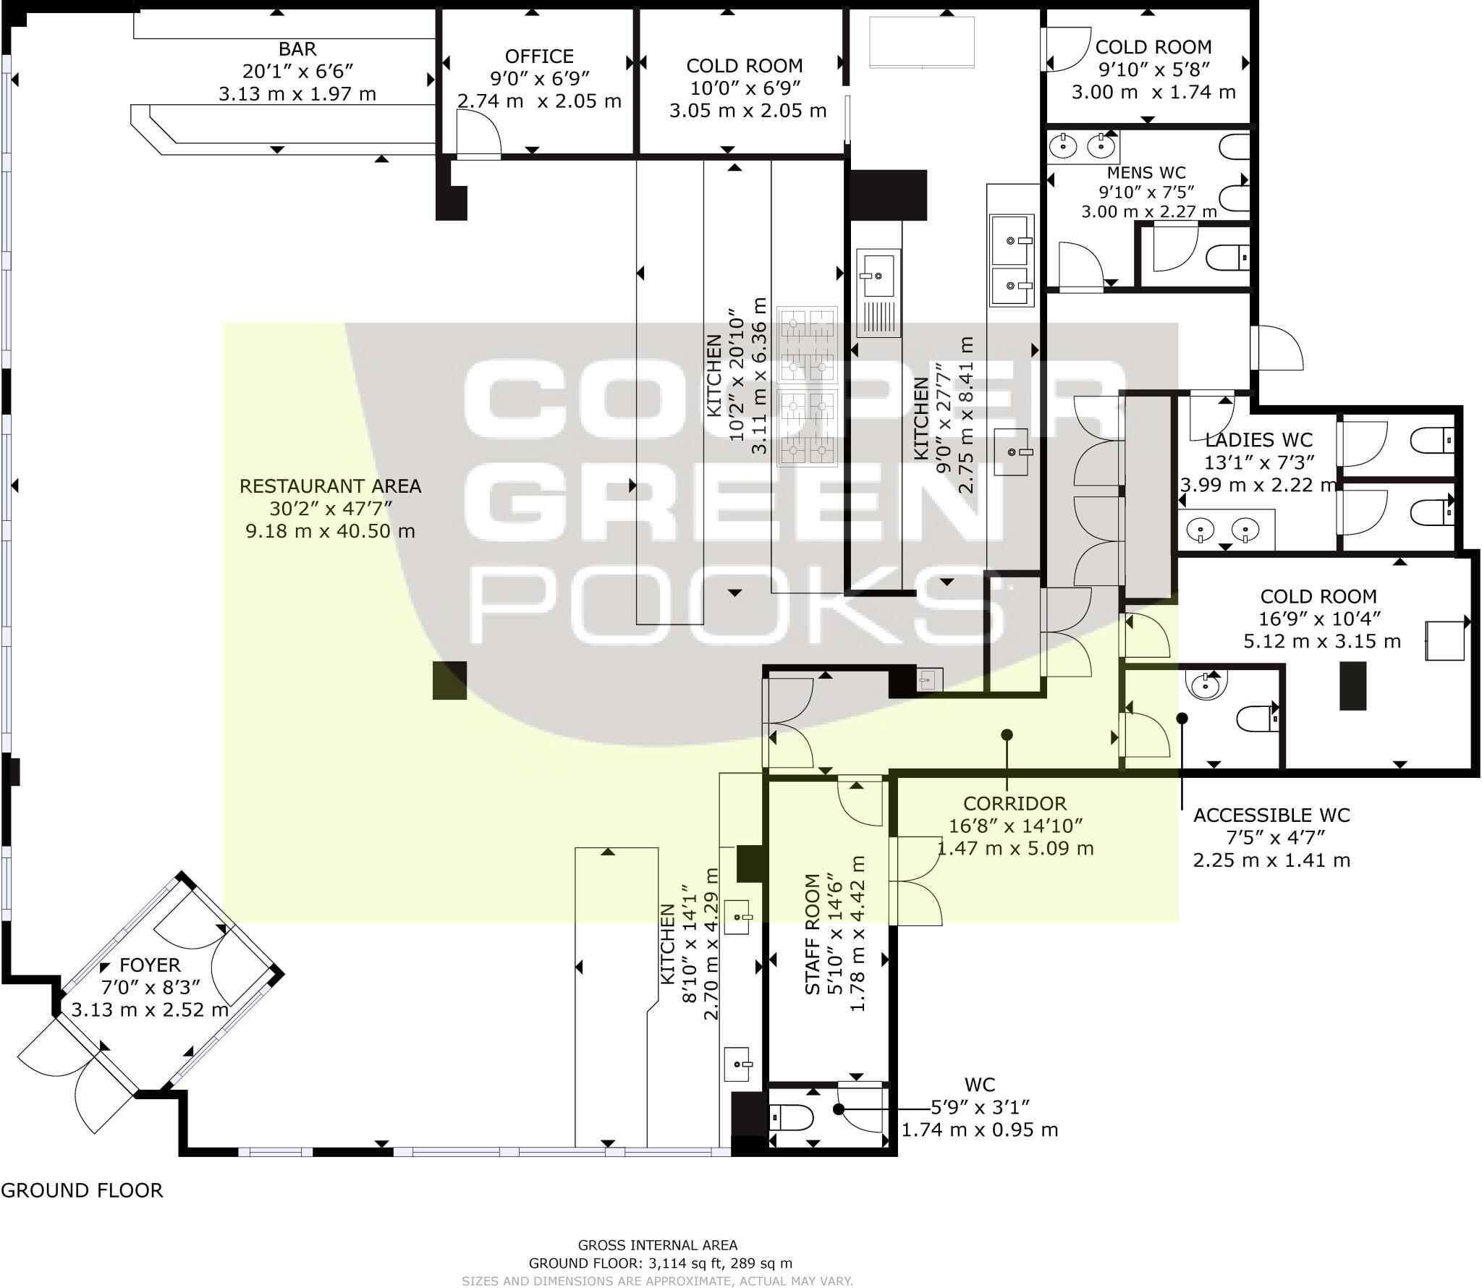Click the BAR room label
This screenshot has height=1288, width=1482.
tap(297, 49)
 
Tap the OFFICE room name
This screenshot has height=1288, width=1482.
tap(539, 56)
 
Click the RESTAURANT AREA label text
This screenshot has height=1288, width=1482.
tap(330, 486)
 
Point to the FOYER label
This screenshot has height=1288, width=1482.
tap(150, 965)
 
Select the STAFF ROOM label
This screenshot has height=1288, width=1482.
tap(813, 934)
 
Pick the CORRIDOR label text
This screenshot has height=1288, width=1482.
tap(1015, 803)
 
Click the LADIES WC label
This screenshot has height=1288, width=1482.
tap(1258, 440)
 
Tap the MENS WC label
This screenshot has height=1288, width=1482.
tap(1146, 173)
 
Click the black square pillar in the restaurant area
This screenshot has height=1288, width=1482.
tap(449, 680)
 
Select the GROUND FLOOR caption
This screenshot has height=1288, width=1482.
tap(82, 1190)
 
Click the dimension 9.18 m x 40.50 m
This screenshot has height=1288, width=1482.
tap(330, 531)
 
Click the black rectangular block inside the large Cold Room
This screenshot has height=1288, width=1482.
tap(1352, 685)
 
